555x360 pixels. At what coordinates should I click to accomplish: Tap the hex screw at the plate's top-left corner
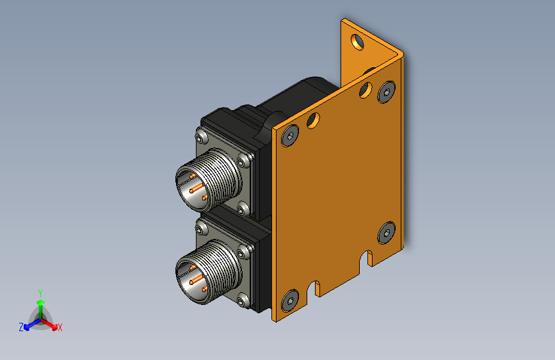click(290, 135)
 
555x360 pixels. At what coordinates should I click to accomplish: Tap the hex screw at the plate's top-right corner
click(386, 92)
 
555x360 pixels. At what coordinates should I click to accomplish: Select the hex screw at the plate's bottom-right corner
click(386, 233)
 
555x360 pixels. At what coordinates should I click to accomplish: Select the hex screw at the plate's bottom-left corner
click(290, 301)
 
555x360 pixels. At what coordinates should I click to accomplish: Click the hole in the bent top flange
click(357, 42)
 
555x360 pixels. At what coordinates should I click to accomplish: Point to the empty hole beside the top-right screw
click(366, 90)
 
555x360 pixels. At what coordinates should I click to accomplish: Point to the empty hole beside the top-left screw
click(313, 120)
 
